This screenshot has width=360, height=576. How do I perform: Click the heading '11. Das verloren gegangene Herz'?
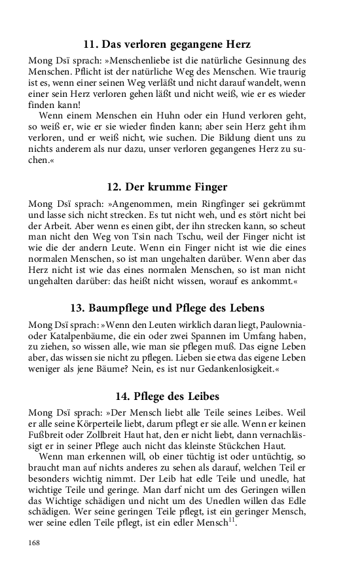click(x=167, y=45)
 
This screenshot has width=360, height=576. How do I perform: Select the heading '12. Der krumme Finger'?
click(x=167, y=186)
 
